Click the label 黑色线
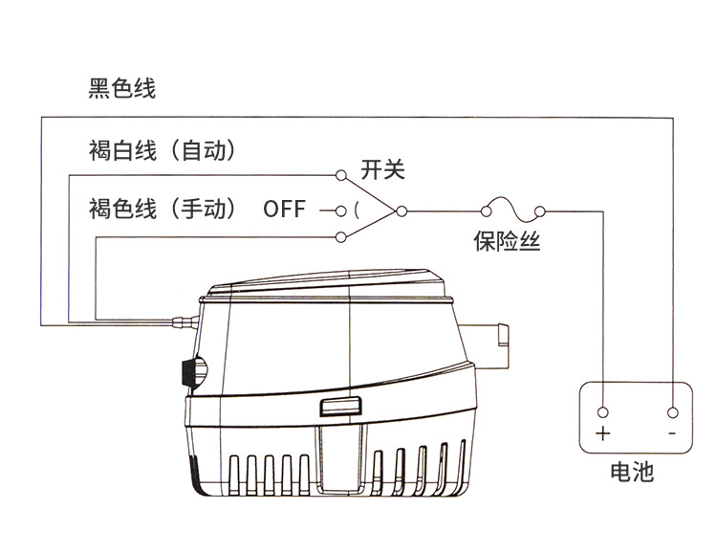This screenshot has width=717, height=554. click(121, 90)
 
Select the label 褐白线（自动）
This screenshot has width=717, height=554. click(162, 151)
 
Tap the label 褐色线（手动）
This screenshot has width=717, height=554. click(162, 208)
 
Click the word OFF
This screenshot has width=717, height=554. click(285, 209)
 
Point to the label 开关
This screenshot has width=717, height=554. click(382, 170)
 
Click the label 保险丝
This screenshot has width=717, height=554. click(507, 241)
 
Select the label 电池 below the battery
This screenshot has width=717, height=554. click(632, 472)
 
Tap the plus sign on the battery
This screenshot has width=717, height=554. click(602, 432)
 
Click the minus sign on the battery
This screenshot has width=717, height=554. click(672, 432)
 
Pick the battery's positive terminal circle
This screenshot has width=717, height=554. click(602, 411)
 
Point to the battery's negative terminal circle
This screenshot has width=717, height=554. click(672, 411)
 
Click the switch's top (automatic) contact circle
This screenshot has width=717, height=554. click(341, 175)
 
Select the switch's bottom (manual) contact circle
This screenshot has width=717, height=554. click(341, 236)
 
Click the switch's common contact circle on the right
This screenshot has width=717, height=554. click(402, 209)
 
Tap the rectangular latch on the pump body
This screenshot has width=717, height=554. click(340, 408)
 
